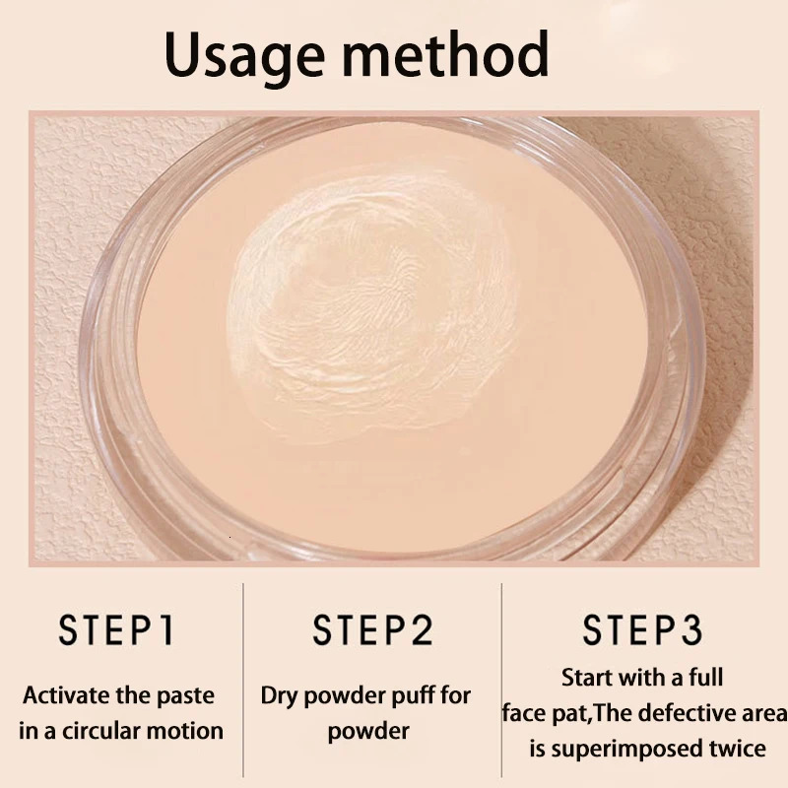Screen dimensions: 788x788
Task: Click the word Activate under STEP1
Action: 64,695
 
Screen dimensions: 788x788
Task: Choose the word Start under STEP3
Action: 588,678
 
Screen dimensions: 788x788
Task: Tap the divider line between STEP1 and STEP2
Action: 243,680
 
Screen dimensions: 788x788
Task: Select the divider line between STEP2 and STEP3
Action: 501,680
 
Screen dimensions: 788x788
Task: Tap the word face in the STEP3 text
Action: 525,713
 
